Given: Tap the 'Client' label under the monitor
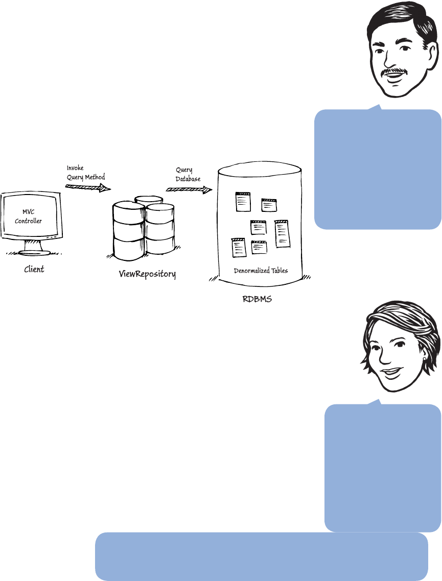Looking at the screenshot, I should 34,269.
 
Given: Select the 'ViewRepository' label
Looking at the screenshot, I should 147,274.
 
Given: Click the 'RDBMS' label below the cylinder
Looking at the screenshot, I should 257,299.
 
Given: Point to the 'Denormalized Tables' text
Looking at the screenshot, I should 261,271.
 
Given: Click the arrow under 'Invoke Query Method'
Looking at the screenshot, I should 88,188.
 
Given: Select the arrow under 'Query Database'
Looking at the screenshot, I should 189,190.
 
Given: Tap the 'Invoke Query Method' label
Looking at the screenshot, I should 86,173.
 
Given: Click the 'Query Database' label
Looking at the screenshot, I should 188,175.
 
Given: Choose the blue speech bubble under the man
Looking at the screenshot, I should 378,168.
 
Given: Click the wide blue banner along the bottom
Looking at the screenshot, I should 261,557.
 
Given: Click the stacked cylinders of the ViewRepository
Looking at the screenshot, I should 144,227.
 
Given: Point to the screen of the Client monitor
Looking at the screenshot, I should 32,217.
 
